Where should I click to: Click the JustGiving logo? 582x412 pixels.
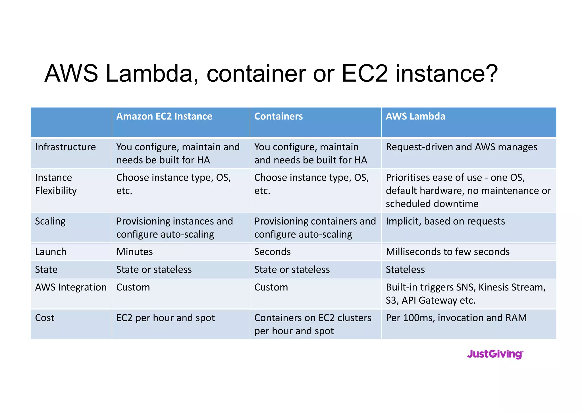pos(495,354)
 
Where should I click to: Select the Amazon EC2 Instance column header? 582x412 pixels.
pos(164,116)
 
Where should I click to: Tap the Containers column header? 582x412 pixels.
pos(278,116)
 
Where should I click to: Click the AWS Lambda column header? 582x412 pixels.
pos(415,116)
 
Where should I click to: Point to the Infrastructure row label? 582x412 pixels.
pos(65,147)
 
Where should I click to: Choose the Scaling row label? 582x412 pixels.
pos(50,221)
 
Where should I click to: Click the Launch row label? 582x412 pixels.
pos(51,252)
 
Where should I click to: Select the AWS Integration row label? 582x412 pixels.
pos(71,287)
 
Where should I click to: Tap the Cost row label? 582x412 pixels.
pos(45,318)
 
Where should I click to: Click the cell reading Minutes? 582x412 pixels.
pos(134,252)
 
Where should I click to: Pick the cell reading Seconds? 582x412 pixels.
pos(272,252)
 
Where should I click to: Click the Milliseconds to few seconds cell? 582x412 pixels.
pos(448,252)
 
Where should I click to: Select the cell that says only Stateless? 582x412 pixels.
pos(405,269)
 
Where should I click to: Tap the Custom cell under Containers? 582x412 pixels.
pos(271,287)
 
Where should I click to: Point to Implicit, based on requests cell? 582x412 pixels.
pos(445,221)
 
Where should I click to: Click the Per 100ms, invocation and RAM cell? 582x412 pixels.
pos(456,318)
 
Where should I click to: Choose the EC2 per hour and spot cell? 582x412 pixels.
pos(165,318)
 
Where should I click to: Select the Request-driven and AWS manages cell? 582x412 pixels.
pos(462,147)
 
